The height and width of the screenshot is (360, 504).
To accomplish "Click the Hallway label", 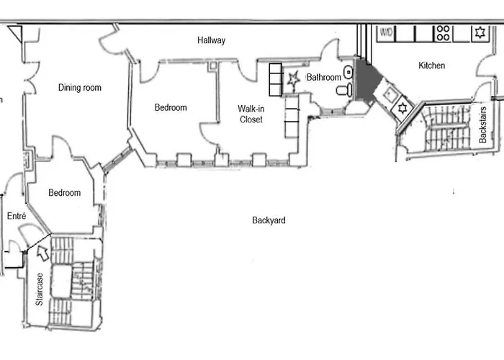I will (x=212, y=40).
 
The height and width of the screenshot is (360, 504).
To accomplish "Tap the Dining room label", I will (x=80, y=88).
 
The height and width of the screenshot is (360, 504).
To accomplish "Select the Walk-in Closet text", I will (x=251, y=114).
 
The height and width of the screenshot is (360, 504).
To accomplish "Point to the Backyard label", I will (x=269, y=220).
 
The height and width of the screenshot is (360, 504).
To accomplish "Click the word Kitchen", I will (x=432, y=66).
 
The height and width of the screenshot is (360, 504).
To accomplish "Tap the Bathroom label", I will (x=323, y=77).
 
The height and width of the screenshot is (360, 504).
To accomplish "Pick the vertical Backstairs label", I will (x=483, y=125).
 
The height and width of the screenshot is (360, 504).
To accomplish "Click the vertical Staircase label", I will (x=40, y=289).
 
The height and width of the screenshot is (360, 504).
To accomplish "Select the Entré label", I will (x=17, y=216).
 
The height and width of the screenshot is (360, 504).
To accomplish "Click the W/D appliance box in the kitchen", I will (x=387, y=32).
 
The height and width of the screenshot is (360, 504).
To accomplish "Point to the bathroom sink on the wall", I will (x=348, y=71).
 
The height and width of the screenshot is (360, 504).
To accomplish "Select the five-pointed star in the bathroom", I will (x=292, y=81).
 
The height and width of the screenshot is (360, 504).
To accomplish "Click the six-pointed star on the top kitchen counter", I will (x=479, y=32).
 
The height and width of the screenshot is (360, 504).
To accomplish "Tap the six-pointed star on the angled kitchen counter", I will (x=402, y=109).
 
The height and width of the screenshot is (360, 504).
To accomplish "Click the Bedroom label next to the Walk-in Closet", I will (x=171, y=108).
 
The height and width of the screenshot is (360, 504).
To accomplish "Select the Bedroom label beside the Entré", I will (x=65, y=193).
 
